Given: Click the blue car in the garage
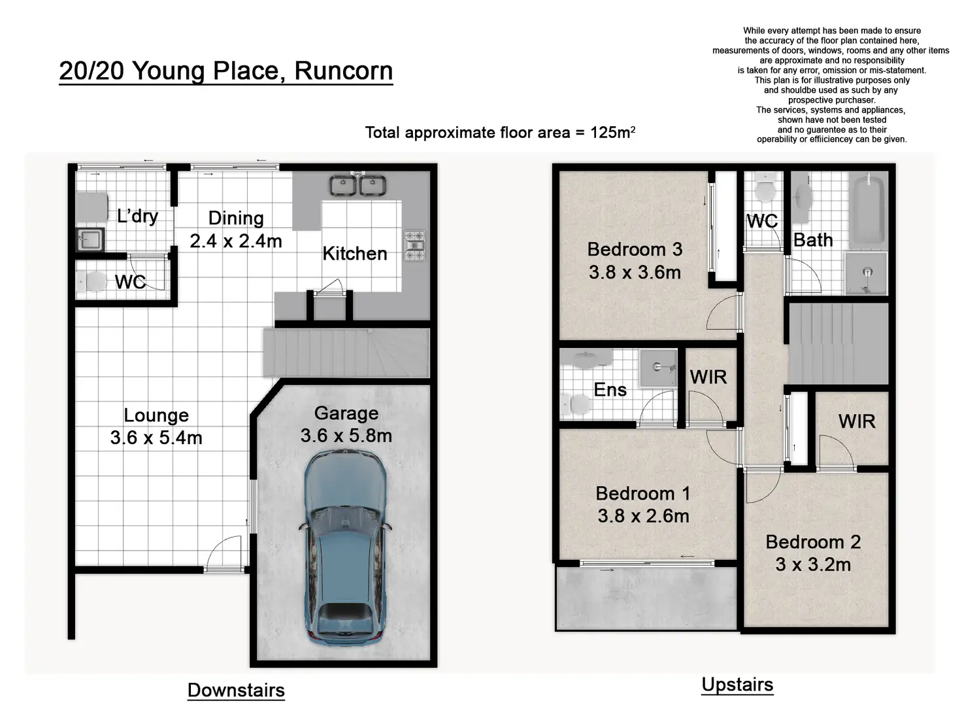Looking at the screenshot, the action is [345, 547].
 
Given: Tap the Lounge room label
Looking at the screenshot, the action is [156, 415].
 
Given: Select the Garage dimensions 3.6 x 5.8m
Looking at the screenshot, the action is [346, 436].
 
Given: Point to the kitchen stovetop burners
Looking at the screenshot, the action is [414, 245].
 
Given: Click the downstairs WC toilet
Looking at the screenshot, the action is [91, 281].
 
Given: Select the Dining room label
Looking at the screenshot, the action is [236, 218].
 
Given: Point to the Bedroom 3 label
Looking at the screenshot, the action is [635, 249].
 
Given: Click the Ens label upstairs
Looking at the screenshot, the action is [610, 389].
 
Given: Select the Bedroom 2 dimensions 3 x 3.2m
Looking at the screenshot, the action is [813, 564].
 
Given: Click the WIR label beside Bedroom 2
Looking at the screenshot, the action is [857, 421].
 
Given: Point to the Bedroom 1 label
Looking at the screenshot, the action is [643, 494].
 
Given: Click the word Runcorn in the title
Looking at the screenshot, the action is [344, 71].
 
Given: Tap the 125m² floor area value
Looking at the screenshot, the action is [613, 132].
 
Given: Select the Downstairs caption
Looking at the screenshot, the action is [236, 690].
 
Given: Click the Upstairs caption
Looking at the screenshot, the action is [737, 685].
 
